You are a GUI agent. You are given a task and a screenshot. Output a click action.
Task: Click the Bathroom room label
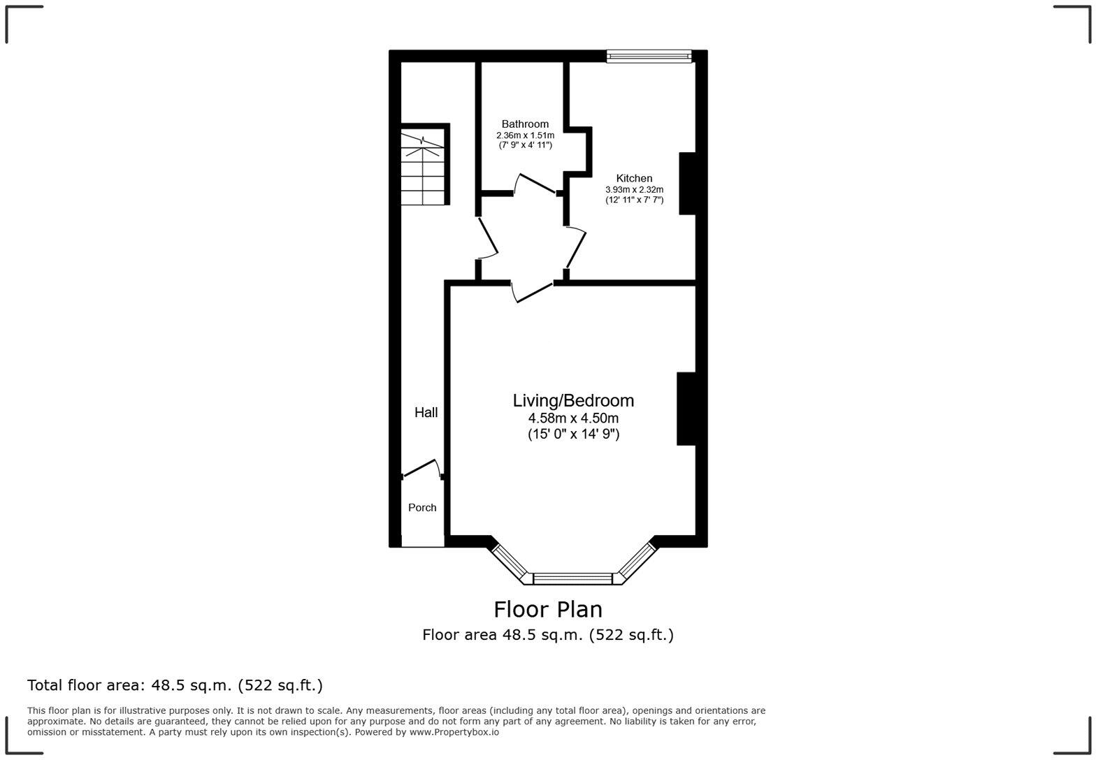pos(525,124)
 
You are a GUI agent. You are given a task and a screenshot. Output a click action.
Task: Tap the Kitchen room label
pos(634,178)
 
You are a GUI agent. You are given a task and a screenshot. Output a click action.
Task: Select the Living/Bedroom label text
pos(573,400)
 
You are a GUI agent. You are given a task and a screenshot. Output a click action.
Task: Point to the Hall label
pos(426,412)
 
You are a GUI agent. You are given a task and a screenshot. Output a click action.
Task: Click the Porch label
pos(422,508)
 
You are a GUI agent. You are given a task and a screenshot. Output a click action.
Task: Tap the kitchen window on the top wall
pos(649,57)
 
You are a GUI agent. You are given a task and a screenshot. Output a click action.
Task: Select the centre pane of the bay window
pos(572,578)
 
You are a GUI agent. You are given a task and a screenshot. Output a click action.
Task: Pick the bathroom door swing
pos(535,183)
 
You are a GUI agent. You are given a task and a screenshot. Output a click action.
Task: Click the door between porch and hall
pos(421,469)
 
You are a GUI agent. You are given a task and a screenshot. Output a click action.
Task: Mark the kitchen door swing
pos(576,249)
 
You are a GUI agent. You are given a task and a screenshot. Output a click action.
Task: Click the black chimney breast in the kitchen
pos(687,183)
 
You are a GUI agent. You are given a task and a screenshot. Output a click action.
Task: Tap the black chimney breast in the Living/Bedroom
pos(686,409)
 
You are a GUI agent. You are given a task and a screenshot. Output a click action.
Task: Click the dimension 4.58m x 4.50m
pos(573,418)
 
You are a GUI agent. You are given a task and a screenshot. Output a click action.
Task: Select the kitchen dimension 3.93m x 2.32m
pos(634,189)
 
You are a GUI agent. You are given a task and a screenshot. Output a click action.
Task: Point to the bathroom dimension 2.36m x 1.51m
pos(525,135)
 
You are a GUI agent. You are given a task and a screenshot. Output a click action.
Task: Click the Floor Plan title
pos(548,609)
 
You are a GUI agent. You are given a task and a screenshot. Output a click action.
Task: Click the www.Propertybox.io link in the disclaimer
pos(454,732)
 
